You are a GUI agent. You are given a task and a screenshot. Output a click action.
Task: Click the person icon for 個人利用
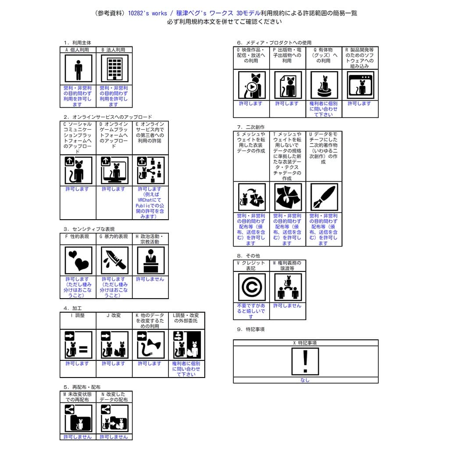click(x=78, y=69)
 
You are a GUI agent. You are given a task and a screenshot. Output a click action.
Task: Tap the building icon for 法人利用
click(x=114, y=69)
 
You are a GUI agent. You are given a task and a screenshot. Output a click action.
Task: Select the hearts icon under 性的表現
click(x=78, y=260)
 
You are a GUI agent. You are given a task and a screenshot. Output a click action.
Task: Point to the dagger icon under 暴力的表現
click(x=114, y=260)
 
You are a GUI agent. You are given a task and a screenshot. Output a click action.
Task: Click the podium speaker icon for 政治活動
click(x=150, y=260)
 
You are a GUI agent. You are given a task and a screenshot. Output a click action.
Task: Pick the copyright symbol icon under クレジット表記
click(x=252, y=287)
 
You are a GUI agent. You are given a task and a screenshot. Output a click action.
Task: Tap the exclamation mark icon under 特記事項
click(x=305, y=361)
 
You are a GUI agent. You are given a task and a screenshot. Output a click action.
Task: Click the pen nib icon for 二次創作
click(x=324, y=197)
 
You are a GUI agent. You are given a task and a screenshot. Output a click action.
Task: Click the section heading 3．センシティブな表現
click(x=89, y=229)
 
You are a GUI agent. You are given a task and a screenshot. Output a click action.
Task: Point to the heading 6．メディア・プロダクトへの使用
click(x=274, y=43)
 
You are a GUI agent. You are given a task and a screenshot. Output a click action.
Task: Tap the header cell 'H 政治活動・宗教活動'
click(x=150, y=239)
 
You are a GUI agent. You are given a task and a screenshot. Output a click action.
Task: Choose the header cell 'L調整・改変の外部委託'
click(x=186, y=318)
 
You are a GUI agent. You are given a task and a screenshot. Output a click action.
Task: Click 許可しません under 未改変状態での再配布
click(x=78, y=437)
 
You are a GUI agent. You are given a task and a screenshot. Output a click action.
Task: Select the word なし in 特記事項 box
click(x=305, y=380)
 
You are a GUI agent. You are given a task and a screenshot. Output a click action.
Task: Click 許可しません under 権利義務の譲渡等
click(x=287, y=306)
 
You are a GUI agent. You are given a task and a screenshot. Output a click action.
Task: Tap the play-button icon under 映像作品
click(x=251, y=86)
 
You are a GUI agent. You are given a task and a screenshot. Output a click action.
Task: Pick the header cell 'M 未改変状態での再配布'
click(x=78, y=397)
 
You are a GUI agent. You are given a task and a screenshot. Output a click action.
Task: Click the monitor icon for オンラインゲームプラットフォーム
click(x=114, y=171)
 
